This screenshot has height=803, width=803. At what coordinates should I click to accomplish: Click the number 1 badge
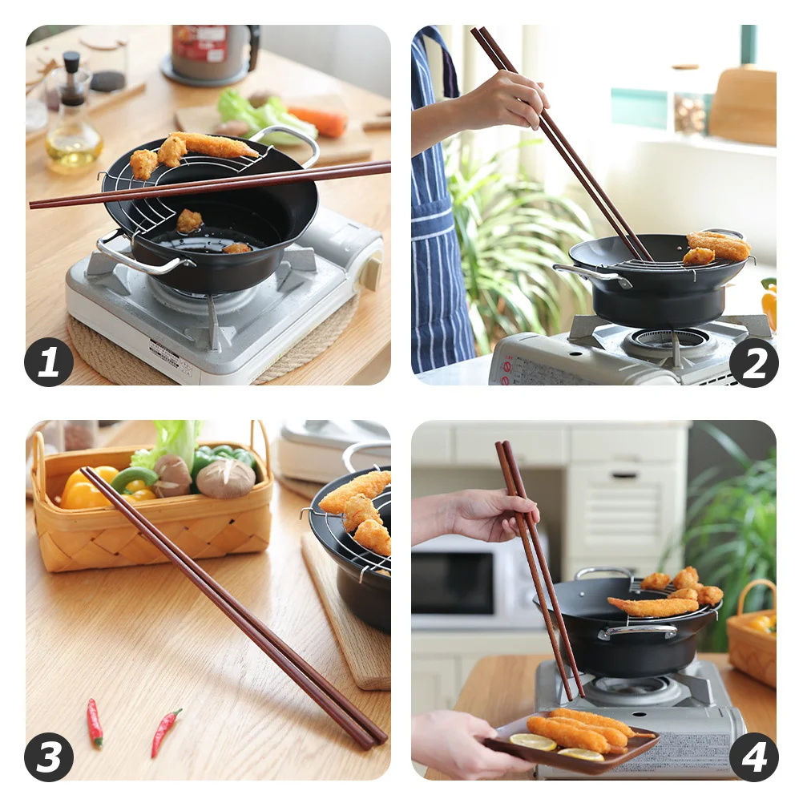tap(49, 362)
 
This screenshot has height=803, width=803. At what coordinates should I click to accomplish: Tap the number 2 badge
tap(753, 362)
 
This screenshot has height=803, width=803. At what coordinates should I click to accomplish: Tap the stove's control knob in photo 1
tap(371, 272)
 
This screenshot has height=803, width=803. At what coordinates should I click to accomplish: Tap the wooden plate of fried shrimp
tap(573, 741)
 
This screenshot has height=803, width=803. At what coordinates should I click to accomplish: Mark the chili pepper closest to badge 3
tap(95, 722)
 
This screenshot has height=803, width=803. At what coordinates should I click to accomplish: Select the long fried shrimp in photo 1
tap(216, 146)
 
